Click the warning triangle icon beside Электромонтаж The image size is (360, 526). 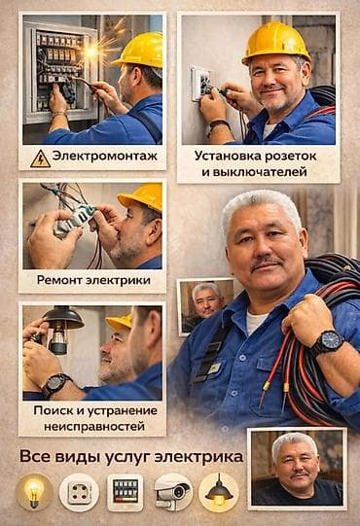(x=40, y=158)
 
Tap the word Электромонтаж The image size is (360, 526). (x=105, y=157)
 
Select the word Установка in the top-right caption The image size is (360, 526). (x=229, y=155)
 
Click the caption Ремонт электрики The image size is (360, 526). (x=93, y=280)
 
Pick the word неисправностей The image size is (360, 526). (x=89, y=426)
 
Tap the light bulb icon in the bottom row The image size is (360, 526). (x=33, y=492)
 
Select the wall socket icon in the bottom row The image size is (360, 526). (x=79, y=492)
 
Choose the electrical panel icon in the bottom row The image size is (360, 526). (x=125, y=492)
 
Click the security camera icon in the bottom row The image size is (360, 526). (x=172, y=492)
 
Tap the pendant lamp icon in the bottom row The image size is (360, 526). (x=218, y=492)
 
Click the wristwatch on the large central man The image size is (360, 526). (x=327, y=341)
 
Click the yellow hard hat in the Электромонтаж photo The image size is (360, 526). (x=139, y=49)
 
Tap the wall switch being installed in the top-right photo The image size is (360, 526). (x=202, y=85)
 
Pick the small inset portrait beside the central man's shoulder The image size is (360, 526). (x=204, y=305)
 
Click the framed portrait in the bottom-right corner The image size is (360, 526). (x=297, y=468)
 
